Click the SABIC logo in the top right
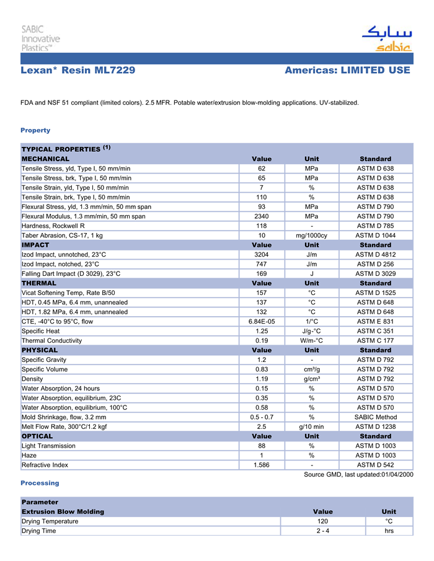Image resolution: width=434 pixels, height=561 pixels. pos(386,38)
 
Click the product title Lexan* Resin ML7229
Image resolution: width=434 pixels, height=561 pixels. pos(78,70)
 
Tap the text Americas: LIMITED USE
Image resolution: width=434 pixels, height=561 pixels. pos(347,70)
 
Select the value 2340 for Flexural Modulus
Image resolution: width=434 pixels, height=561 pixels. pos(262,216)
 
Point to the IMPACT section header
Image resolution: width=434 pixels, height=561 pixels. pos(35,245)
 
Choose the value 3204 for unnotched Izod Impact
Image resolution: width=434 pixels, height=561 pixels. pos(262,254)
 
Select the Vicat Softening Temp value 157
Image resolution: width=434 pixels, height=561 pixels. pos(262,293)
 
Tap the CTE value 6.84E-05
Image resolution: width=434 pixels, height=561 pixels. pos(262,321)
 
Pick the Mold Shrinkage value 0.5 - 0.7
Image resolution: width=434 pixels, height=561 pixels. pos(262,417)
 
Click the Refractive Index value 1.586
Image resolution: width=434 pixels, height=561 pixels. pos(262,464)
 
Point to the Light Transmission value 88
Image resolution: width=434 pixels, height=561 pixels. pos(262,445)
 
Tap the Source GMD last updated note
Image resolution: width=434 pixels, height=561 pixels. pos(358,474)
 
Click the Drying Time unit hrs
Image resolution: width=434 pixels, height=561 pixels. pos(389,531)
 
